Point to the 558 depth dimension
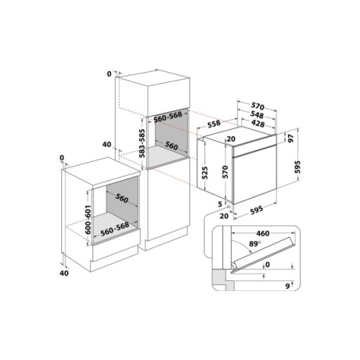pyautogui.click(x=214, y=124)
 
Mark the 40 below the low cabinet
pyautogui.click(x=63, y=273)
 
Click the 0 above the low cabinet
pyautogui.click(x=63, y=158)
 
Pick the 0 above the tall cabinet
pyautogui.click(x=109, y=73)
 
